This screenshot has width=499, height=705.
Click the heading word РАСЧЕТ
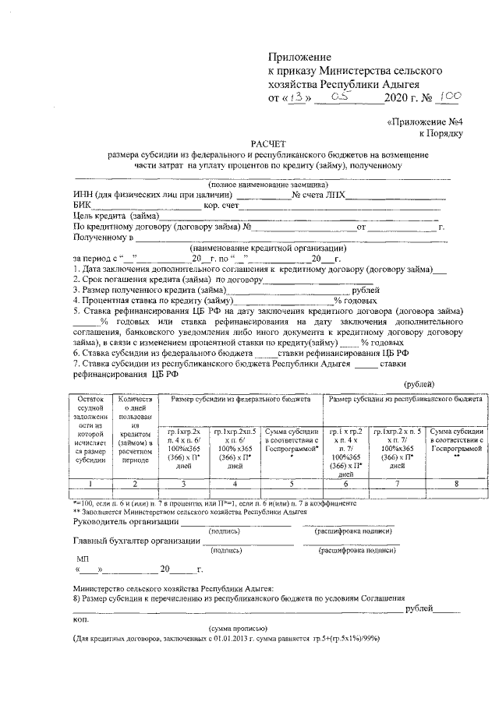click(268, 143)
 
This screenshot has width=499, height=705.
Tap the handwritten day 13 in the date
click(296, 98)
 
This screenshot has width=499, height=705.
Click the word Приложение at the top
click(300, 58)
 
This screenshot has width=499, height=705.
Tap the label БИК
click(82, 206)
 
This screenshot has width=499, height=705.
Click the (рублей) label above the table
click(419, 384)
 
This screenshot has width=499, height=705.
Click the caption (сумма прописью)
click(238, 628)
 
